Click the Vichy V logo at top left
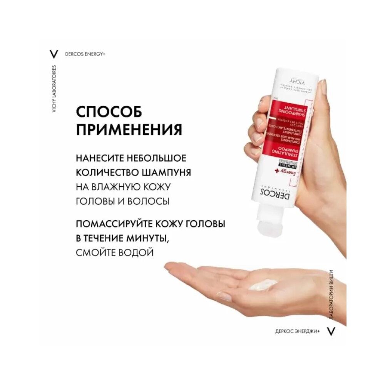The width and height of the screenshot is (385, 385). pos(54,54)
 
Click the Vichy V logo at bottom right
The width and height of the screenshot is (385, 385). pos(330,331)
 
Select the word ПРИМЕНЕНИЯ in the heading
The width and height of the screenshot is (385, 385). pos(129,129)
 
